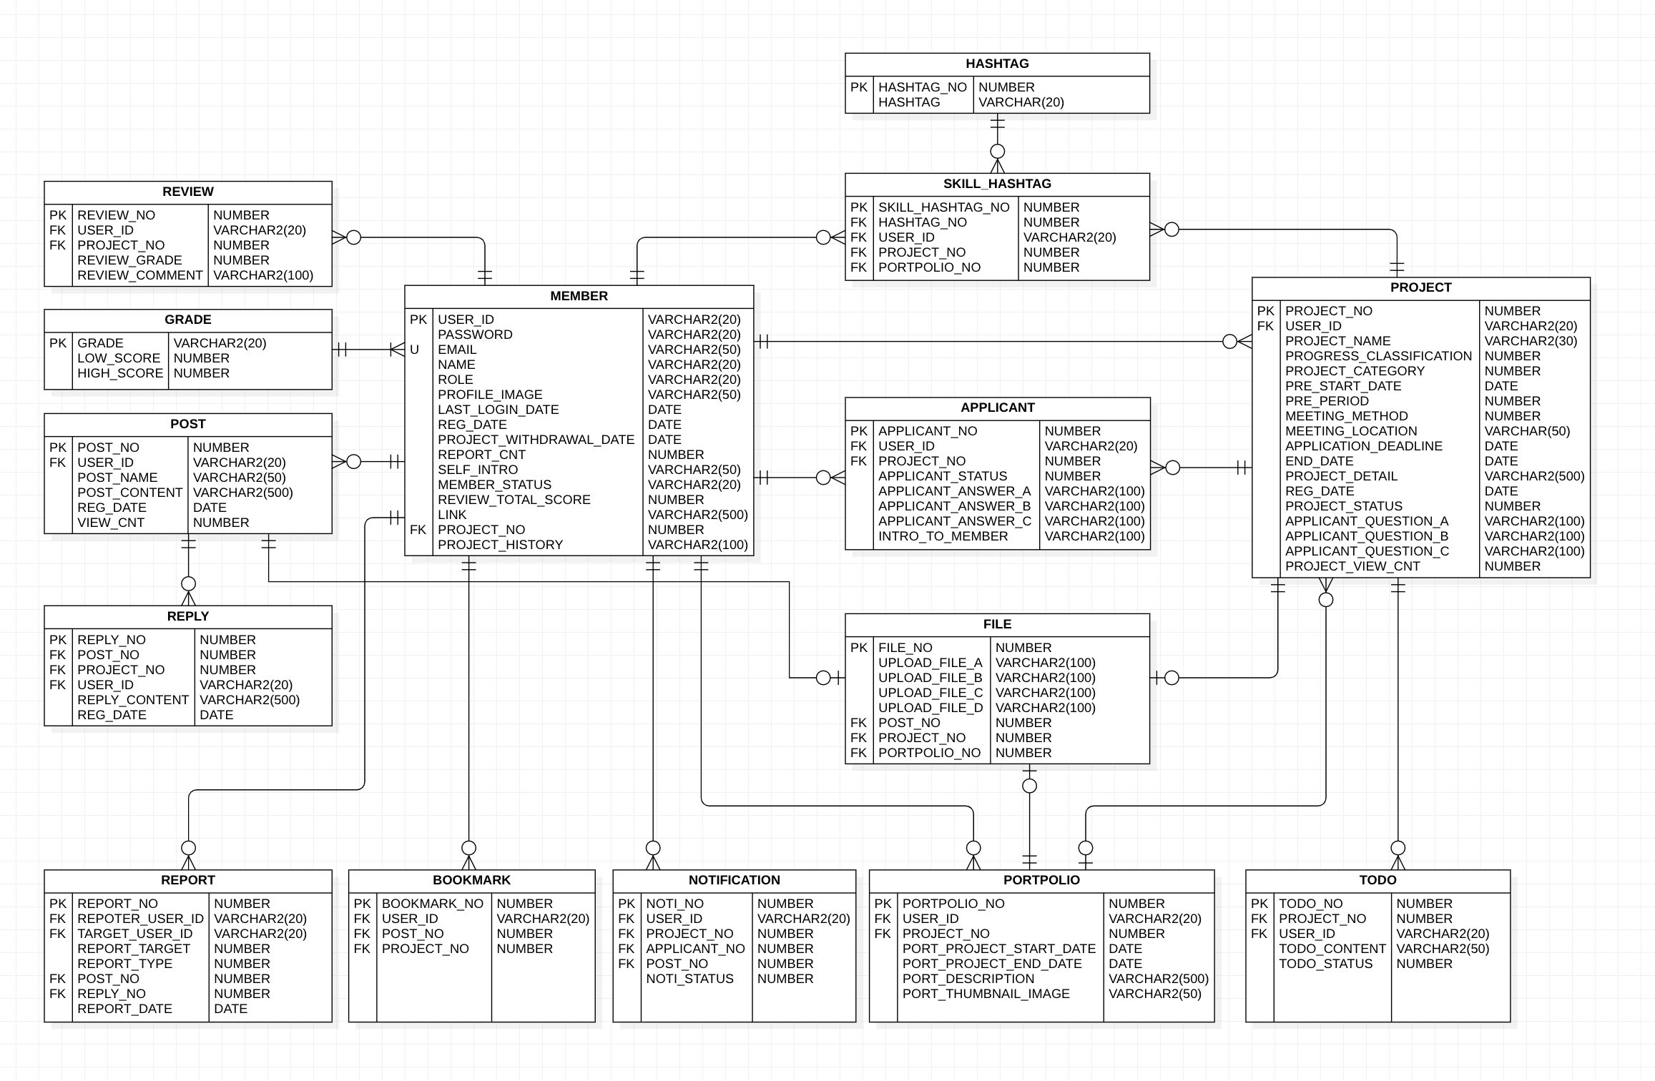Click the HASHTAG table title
tap(997, 64)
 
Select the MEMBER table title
tap(579, 296)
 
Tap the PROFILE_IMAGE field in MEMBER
tap(490, 395)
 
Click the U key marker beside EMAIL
tap(414, 350)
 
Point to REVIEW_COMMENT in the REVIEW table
tap(140, 275)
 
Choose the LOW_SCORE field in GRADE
tap(119, 358)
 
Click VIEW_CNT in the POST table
tap(111, 523)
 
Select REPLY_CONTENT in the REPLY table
tap(133, 700)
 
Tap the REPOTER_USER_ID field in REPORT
tap(140, 919)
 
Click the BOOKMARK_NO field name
tap(433, 904)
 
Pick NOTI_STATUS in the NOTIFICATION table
tap(689, 979)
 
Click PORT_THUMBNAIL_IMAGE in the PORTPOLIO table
tap(986, 994)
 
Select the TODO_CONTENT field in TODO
tap(1332, 949)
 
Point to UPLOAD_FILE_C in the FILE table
tap(930, 693)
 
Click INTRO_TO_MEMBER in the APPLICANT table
tap(943, 536)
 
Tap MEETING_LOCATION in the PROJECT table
tap(1350, 431)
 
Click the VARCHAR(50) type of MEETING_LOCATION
tap(1527, 431)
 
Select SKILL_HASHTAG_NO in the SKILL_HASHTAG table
tap(943, 207)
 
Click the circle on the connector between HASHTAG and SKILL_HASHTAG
tap(997, 152)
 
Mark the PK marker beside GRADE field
tap(58, 343)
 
